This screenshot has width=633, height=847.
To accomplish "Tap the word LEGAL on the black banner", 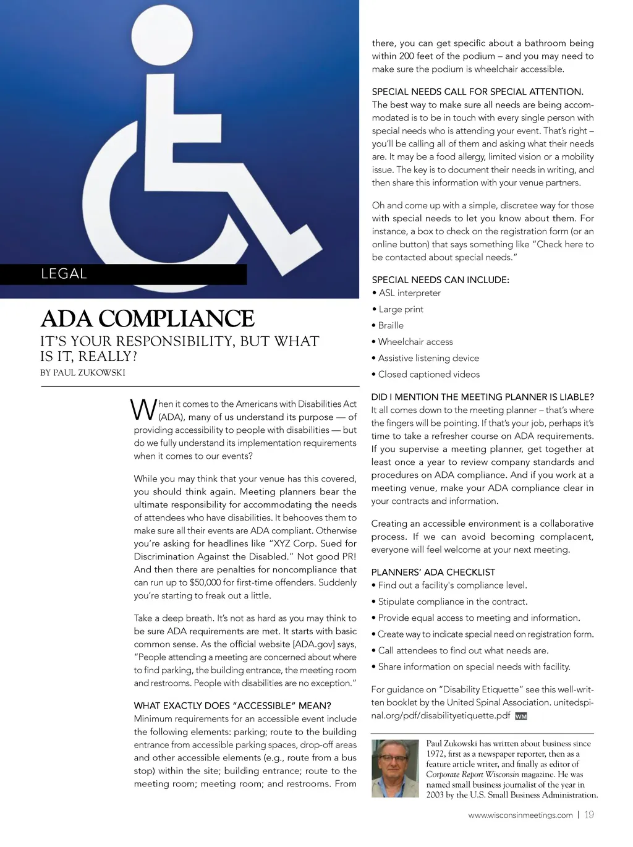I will [64, 274].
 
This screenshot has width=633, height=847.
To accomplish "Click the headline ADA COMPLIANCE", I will [147, 318].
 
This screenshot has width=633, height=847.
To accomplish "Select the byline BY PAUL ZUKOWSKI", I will [83, 373].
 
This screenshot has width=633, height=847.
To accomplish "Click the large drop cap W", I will [143, 411].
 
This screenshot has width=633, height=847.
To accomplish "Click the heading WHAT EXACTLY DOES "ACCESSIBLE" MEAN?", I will [232, 705].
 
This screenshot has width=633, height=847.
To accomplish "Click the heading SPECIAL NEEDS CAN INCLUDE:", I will [440, 280].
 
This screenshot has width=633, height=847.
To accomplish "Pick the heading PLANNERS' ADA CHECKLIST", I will [433, 572].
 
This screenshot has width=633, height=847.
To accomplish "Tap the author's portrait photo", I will [395, 768].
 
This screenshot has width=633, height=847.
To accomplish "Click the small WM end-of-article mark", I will [520, 717].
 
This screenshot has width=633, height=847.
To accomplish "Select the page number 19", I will [589, 815].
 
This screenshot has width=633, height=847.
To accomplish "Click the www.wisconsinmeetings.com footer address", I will [520, 815].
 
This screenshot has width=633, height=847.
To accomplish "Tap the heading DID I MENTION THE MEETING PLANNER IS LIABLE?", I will [482, 397].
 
